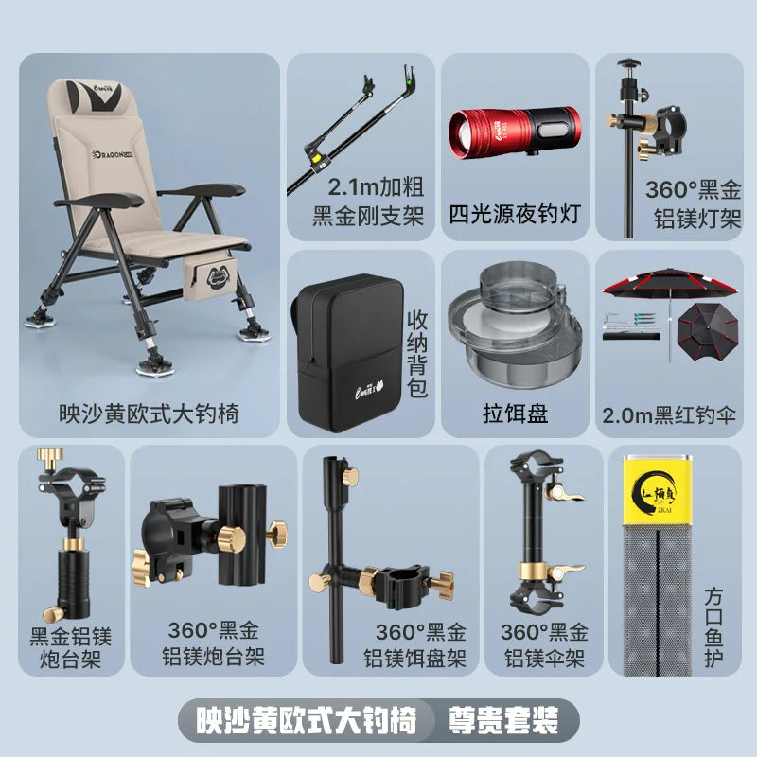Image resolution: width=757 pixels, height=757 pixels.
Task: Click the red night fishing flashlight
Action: tap(515, 131)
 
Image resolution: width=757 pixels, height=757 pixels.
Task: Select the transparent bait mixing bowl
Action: tap(514, 324)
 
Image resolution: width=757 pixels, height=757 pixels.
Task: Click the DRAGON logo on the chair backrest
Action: tap(113, 154)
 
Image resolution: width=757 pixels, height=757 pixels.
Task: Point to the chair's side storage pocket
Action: tap(210, 277)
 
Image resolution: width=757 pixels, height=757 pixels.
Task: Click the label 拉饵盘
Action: tap(515, 414)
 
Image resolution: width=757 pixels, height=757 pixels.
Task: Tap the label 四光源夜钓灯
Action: tap(515, 214)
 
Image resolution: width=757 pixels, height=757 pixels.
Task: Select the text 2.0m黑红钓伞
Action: tap(669, 415)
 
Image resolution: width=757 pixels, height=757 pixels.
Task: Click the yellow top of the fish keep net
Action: tap(657, 489)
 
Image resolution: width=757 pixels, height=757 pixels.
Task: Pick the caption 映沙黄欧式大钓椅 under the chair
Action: tap(150, 414)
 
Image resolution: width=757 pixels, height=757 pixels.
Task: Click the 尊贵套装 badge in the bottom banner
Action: tap(503, 721)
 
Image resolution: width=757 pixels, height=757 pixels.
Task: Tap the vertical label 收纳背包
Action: tap(417, 353)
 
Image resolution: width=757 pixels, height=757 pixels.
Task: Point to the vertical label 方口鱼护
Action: tap(713, 627)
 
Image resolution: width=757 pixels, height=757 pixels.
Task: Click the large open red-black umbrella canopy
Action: tap(670, 282)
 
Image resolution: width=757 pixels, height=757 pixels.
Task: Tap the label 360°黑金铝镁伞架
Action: tap(545, 645)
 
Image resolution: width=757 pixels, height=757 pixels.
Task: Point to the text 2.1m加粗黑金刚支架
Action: tap(368, 202)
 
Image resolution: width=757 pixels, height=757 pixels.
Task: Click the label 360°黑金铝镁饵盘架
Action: tap(415, 645)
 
